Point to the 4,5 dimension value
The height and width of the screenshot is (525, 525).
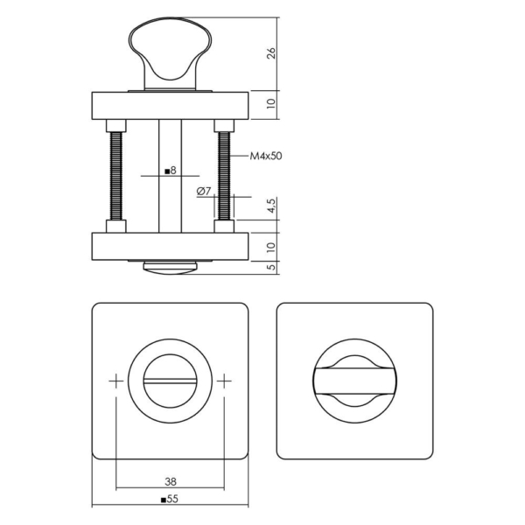pos(272,207)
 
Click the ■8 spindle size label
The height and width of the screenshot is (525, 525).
pos(171,171)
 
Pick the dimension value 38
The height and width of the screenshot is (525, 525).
pos(169,480)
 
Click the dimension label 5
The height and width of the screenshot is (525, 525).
pos(272,267)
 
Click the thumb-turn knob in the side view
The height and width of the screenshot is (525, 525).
pos(170,52)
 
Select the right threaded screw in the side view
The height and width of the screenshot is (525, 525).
pos(223,175)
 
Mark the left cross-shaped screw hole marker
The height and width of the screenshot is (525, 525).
pos(115,381)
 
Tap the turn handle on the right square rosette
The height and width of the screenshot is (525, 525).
pos(354,381)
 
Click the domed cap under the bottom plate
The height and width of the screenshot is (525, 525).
pos(170,266)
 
